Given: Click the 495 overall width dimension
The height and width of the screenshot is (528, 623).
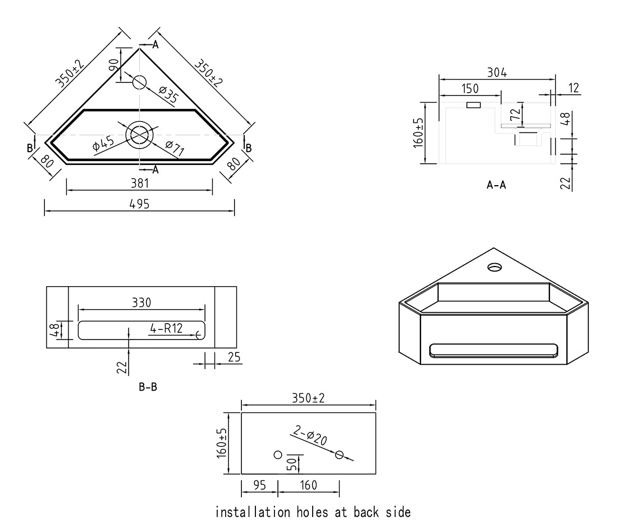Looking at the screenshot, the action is click(x=139, y=204).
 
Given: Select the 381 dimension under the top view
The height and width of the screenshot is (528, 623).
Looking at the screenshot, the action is click(x=139, y=183).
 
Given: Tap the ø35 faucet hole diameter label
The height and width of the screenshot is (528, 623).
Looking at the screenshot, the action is click(x=168, y=95).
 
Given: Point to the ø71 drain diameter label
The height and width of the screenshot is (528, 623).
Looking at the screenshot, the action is click(x=175, y=148).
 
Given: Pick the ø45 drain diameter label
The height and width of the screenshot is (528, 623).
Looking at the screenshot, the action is click(x=103, y=144).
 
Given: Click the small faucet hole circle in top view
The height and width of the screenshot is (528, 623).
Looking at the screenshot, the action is click(x=139, y=82).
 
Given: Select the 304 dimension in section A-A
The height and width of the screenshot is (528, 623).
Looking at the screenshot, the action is click(x=497, y=72).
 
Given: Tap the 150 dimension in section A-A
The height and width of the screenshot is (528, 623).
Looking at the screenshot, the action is click(x=470, y=89).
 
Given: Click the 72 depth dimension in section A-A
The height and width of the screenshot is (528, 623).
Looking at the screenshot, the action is click(x=515, y=114).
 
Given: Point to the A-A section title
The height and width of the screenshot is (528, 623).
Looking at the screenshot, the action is click(x=496, y=185).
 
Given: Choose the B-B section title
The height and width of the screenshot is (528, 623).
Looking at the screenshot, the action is click(x=148, y=387).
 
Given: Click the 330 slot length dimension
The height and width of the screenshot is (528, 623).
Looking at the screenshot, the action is click(x=141, y=303).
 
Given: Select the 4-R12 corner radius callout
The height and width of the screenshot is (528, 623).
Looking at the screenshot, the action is click(x=166, y=328).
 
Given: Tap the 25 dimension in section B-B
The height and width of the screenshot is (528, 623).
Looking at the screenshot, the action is click(x=234, y=357).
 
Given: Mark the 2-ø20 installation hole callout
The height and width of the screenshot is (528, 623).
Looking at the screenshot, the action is click(x=310, y=435).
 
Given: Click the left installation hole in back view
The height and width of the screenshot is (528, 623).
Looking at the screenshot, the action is click(x=278, y=454).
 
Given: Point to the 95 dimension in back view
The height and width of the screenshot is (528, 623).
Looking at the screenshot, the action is click(x=259, y=485).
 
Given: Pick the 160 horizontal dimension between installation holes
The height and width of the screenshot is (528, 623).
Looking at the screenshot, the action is click(x=308, y=485).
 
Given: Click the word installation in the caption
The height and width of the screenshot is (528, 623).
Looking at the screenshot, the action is click(x=253, y=512).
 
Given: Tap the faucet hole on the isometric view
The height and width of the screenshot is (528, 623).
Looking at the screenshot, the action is click(x=494, y=267).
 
